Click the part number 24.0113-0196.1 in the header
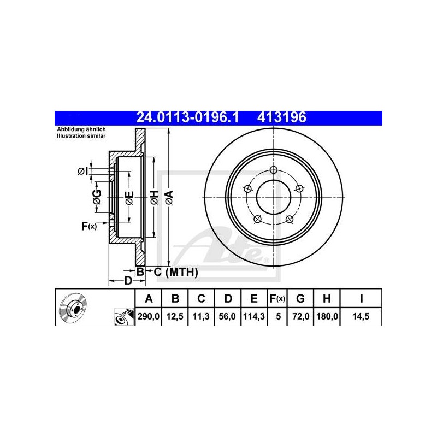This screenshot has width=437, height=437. point(187,117)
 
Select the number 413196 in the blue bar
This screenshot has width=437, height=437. point(281,117)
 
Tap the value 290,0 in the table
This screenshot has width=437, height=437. point(148,317)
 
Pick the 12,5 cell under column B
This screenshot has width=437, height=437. point(175,317)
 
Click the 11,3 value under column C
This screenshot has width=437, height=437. point(201,317)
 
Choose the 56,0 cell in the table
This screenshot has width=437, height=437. point(227,317)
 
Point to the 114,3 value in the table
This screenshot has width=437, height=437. point(254,317)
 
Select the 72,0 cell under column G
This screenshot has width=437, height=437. point(300,317)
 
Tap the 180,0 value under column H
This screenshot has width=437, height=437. point(327,317)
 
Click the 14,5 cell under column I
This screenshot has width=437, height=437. point(361,317)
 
